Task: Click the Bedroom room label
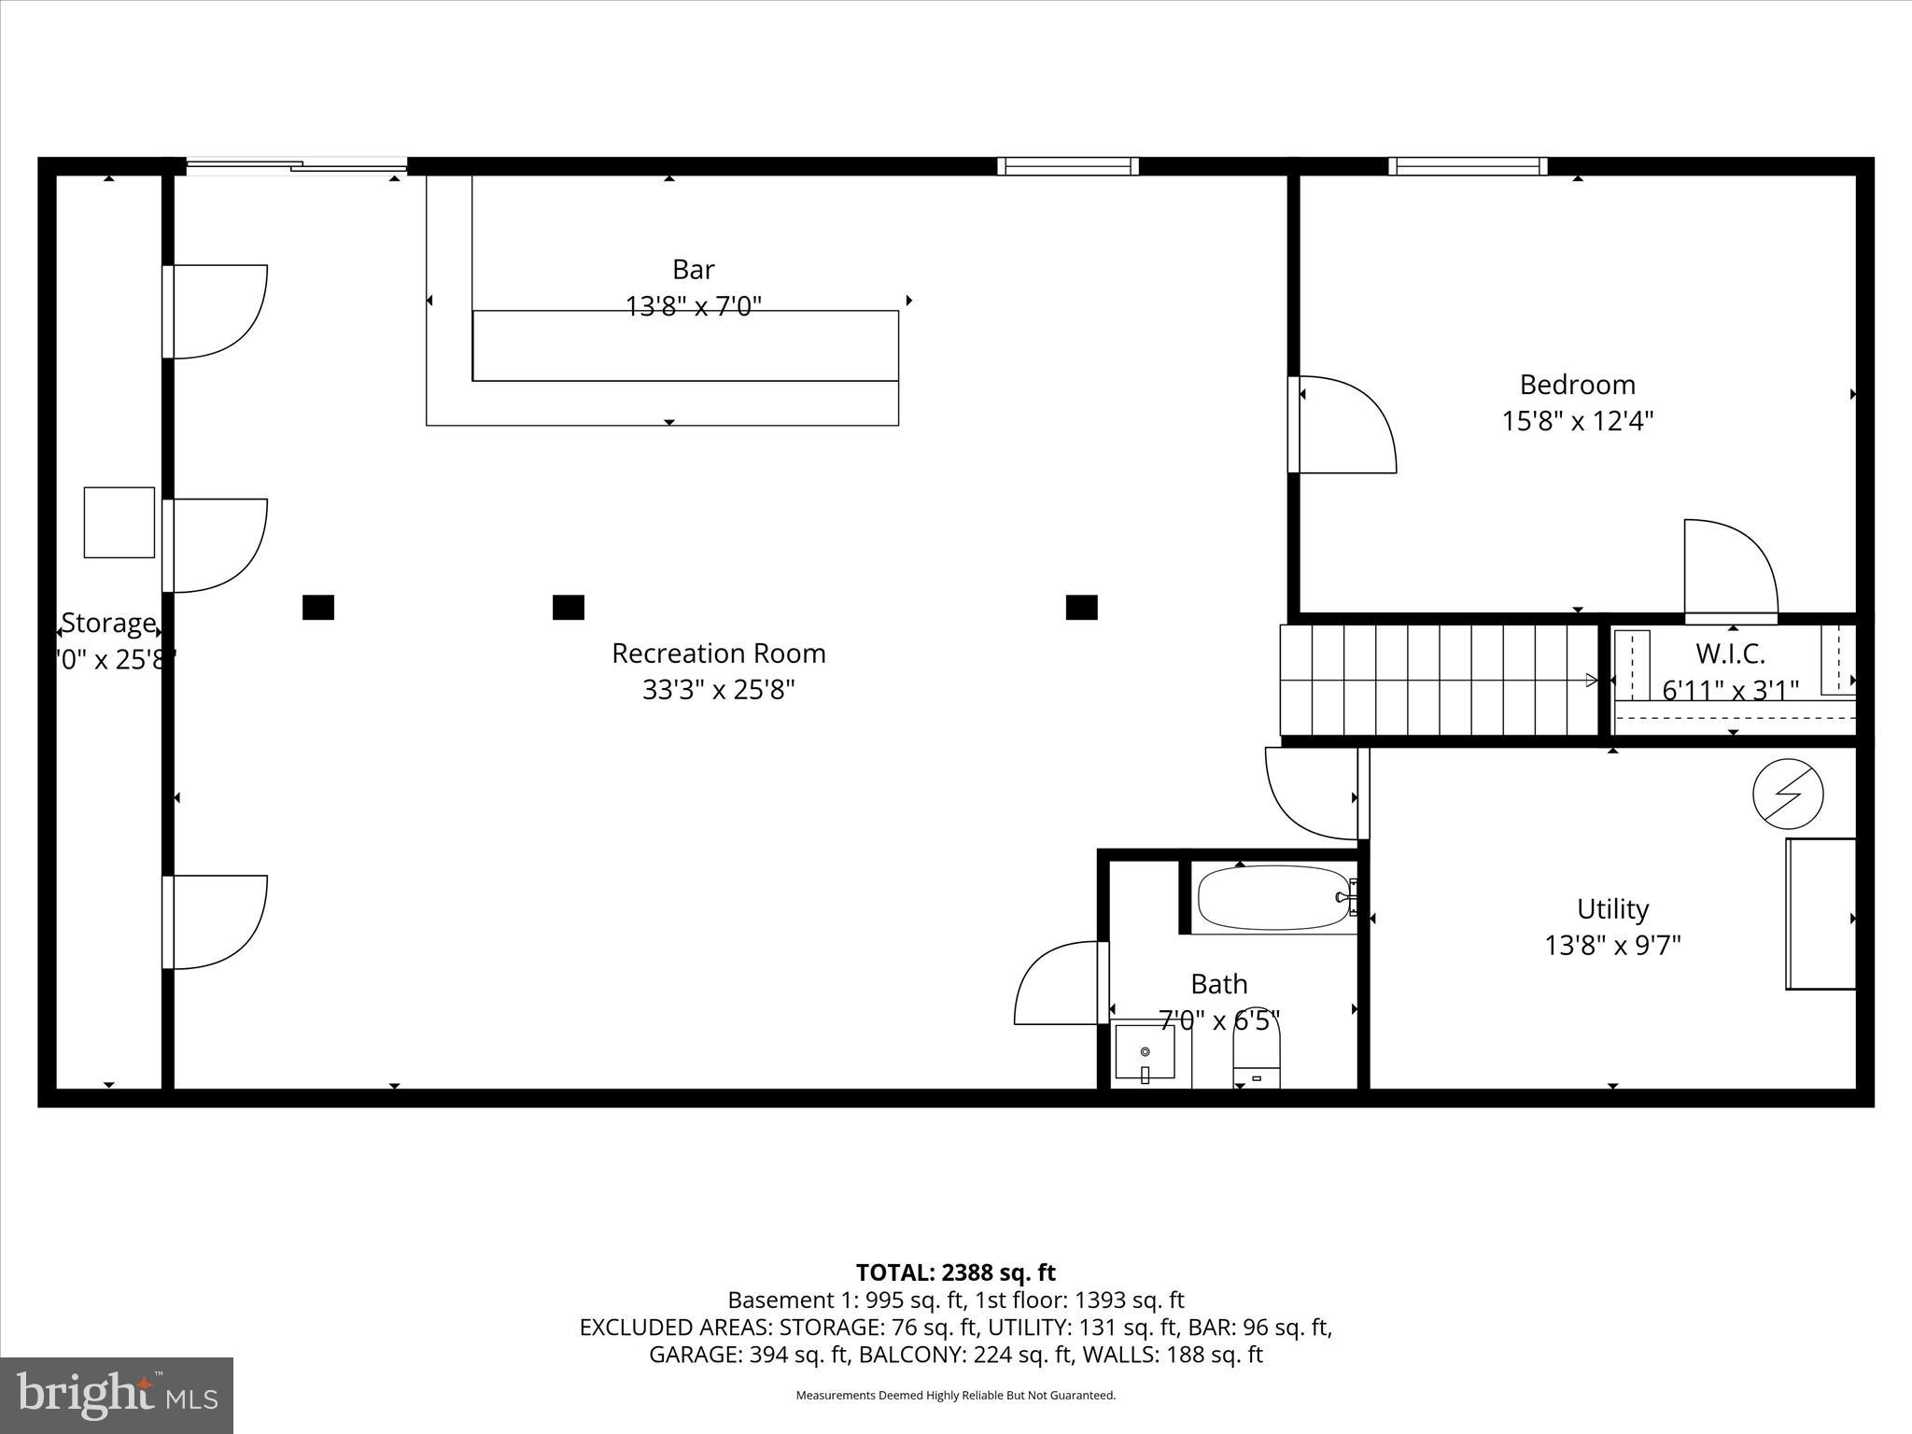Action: (x=1577, y=385)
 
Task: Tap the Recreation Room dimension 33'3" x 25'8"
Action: (x=718, y=690)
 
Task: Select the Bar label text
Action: (x=694, y=270)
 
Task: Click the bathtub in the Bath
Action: (x=1273, y=898)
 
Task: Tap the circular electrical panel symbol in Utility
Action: (x=1788, y=794)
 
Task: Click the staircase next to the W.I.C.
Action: (x=1438, y=680)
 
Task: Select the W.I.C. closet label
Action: (x=1730, y=653)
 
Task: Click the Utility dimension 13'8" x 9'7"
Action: (x=1612, y=946)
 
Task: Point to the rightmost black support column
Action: (x=1081, y=608)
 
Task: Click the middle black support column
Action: (x=568, y=608)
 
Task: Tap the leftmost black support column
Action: (x=318, y=608)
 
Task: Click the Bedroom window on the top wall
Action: (x=1468, y=166)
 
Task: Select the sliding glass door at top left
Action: (x=297, y=167)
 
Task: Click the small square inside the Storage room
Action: (x=119, y=523)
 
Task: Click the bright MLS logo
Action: (x=117, y=1395)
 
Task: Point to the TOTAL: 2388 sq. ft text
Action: (x=955, y=1272)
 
